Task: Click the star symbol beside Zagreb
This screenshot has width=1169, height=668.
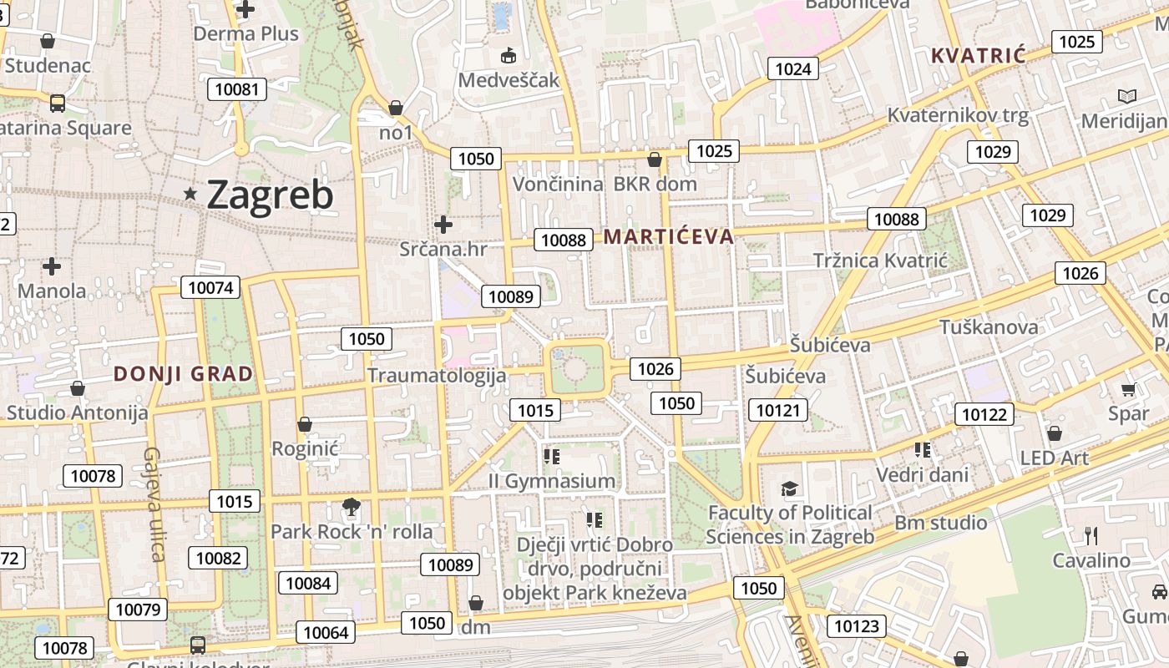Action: point(191,194)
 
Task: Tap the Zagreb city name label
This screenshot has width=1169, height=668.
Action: point(269,195)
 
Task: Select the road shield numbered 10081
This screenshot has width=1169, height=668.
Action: point(237,89)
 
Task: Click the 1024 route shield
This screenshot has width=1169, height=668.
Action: point(792,68)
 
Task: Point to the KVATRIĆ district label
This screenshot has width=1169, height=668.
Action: point(978,56)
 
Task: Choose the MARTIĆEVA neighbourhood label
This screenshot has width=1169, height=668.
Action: point(669,236)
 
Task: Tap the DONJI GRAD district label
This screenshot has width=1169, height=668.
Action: point(183,374)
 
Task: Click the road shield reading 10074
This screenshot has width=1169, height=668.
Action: point(210,287)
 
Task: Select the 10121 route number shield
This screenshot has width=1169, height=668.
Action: point(778,409)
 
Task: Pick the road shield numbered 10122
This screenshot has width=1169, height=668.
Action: point(985,414)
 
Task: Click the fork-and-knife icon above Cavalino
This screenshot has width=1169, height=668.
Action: point(1091,535)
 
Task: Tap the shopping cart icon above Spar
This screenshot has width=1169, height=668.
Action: point(1128,389)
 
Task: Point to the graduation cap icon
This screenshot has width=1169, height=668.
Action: point(789,488)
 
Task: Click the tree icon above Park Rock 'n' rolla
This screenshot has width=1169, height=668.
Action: point(352,506)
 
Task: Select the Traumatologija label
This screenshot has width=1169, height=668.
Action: point(437,375)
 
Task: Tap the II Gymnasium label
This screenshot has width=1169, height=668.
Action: point(552,481)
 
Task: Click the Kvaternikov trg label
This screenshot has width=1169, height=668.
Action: point(958,115)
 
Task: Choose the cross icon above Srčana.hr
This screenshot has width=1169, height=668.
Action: point(443,224)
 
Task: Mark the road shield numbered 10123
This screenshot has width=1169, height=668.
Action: point(857,625)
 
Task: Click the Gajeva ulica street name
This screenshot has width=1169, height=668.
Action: point(154,504)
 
